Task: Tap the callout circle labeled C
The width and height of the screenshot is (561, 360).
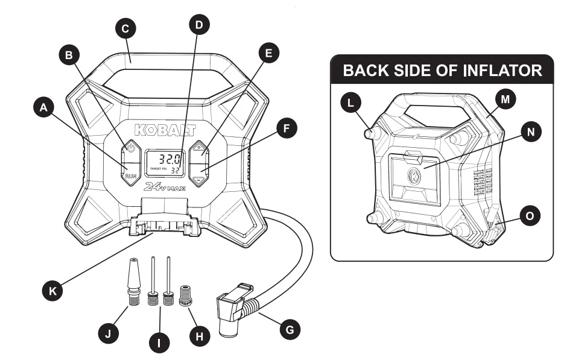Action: coord(127,28)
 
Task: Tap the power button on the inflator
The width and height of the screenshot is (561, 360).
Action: coord(131,148)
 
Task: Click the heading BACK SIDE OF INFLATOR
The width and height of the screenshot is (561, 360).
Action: coord(442,71)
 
